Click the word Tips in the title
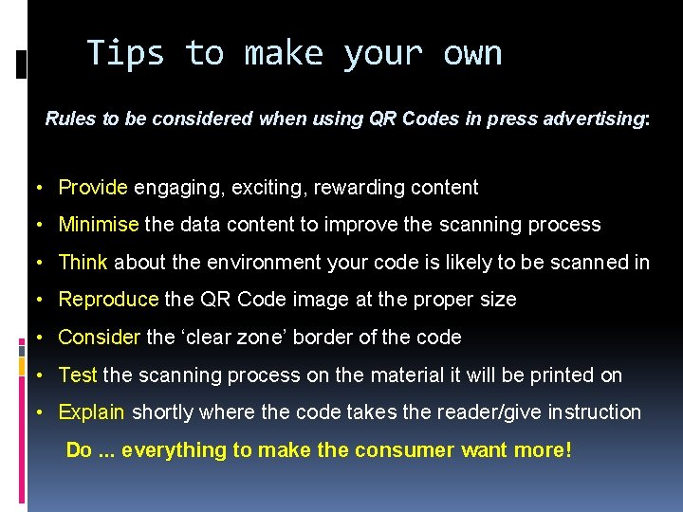[125, 54]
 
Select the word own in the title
[471, 54]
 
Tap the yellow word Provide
[93, 188]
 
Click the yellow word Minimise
[99, 225]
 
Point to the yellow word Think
[83, 263]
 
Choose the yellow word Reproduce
[108, 300]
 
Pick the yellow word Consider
[100, 338]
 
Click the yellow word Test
[78, 375]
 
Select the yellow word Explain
[91, 412]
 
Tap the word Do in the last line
[79, 450]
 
